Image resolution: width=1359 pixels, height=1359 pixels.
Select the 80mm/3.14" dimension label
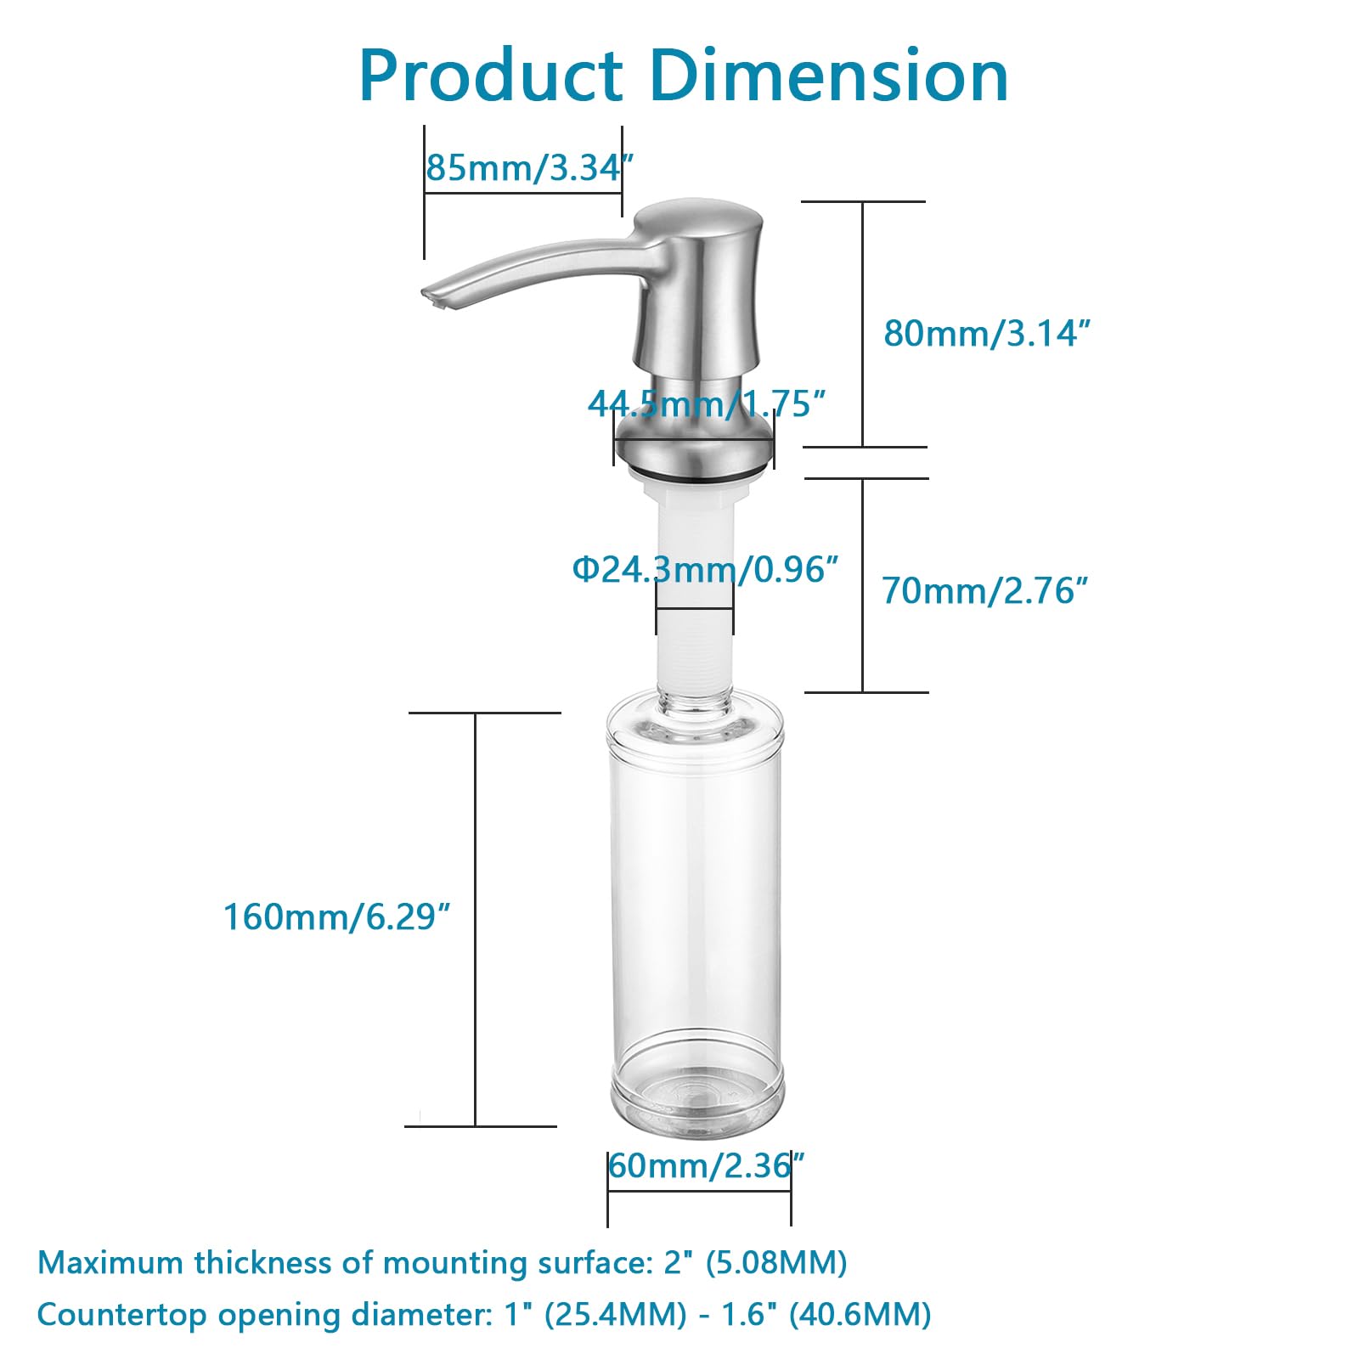tap(985, 334)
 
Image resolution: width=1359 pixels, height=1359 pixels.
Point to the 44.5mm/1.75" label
tap(707, 404)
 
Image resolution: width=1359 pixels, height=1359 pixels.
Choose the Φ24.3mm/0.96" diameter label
tap(705, 569)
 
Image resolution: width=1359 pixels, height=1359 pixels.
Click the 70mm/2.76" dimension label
tap(984, 590)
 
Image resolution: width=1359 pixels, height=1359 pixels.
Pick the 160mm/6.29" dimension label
tap(336, 917)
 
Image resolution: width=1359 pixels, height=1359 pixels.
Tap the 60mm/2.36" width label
tap(705, 1166)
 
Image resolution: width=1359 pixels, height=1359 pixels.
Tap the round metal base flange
tap(694, 446)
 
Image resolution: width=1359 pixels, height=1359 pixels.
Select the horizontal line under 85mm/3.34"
tap(522, 194)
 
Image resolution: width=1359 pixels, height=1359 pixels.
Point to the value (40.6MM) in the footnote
tap(860, 1314)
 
